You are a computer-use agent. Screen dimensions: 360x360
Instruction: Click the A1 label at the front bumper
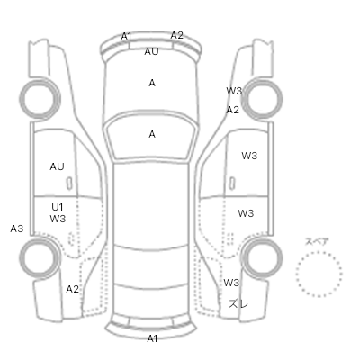point(126,36)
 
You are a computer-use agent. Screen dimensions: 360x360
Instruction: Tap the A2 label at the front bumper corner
point(176,35)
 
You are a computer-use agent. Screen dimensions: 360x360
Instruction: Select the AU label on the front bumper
point(151,51)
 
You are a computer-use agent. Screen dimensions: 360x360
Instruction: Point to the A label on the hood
point(152,83)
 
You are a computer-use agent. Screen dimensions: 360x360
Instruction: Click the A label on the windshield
point(152,134)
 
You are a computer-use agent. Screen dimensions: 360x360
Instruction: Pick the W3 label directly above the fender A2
point(234,91)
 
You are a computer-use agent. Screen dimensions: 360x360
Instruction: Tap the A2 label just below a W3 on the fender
point(233,110)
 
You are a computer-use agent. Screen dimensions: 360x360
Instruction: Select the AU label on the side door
point(57,166)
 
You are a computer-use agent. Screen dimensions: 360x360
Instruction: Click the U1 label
point(57,207)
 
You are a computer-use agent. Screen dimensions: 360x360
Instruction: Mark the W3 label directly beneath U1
point(58,219)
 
